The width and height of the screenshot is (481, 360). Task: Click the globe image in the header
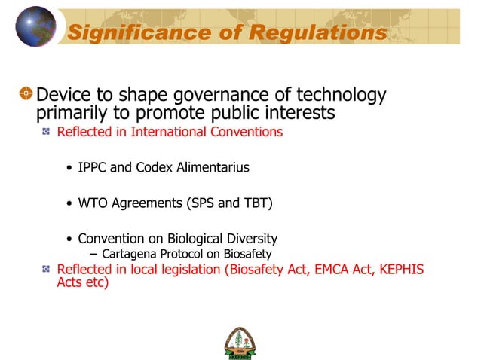[x=35, y=26]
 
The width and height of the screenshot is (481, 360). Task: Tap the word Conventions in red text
[x=248, y=132]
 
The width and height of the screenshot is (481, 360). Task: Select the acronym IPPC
[x=93, y=167]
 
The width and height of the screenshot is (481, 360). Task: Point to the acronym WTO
[x=93, y=203]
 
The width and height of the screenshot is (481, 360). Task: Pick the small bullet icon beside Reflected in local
[x=46, y=269]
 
